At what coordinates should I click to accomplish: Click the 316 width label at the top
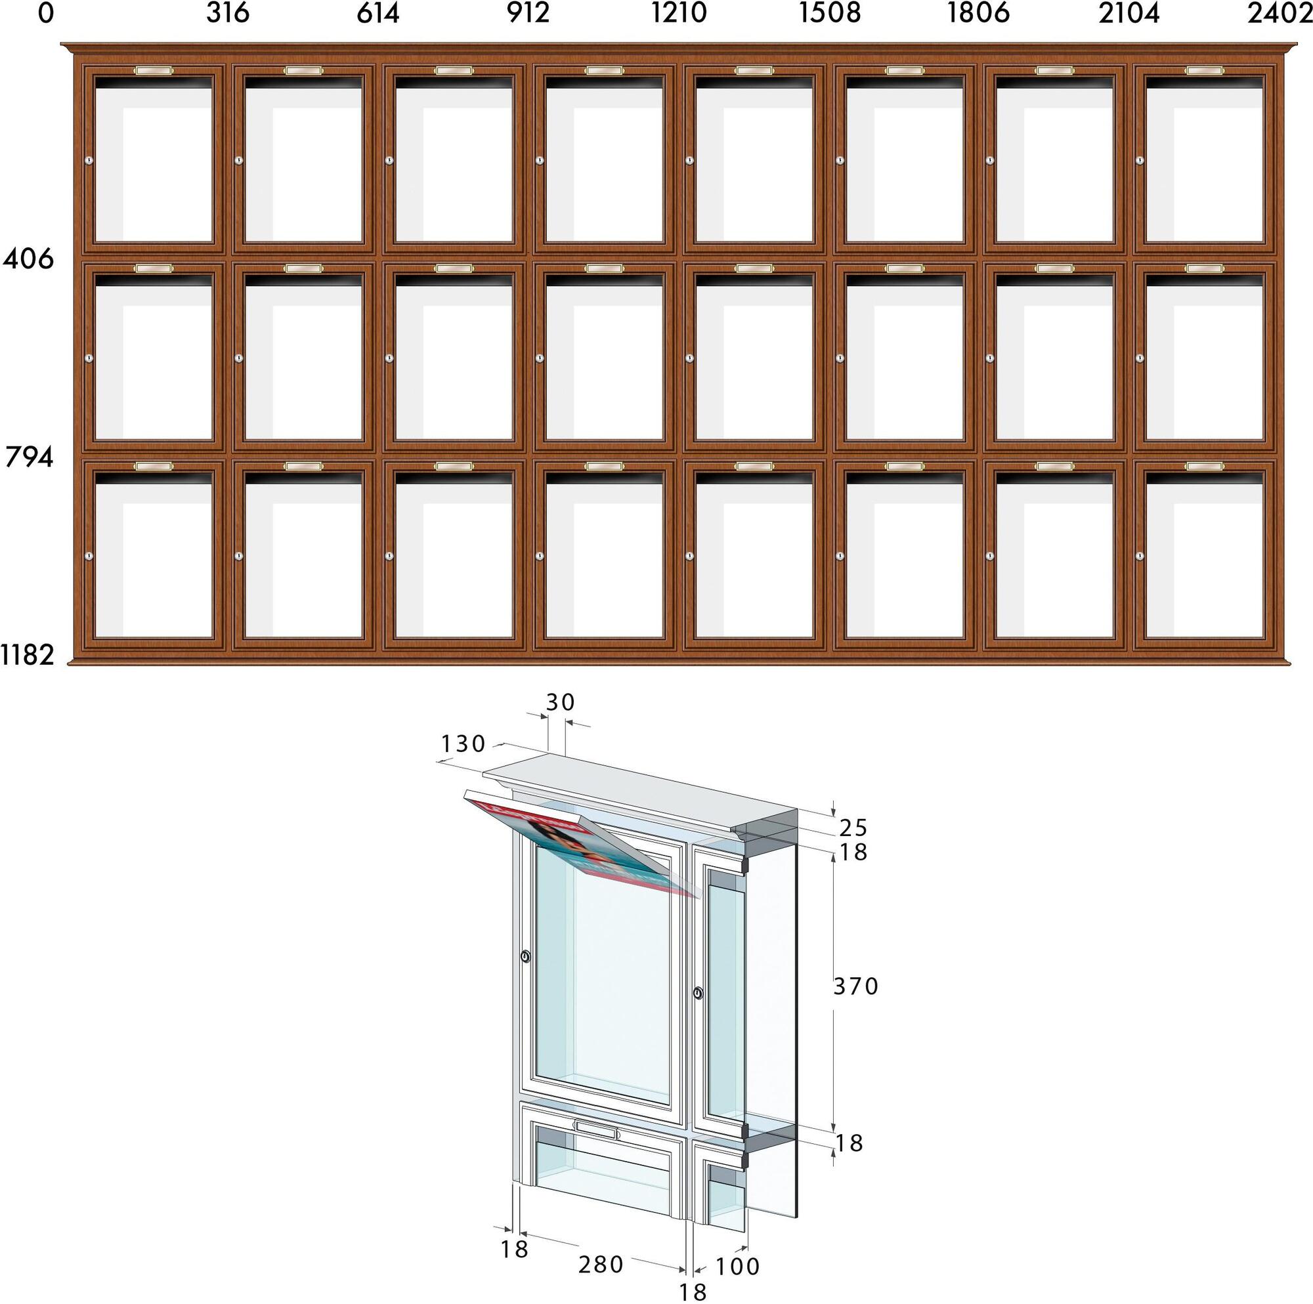coord(228,13)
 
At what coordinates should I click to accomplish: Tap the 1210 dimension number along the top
coord(679,13)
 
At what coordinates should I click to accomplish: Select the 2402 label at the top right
coord(1279,13)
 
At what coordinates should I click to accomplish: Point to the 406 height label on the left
coord(28,259)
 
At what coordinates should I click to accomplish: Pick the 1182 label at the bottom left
coord(27,655)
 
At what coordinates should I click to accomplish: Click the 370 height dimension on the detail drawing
coord(856,986)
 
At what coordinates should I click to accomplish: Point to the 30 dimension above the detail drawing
coord(561,703)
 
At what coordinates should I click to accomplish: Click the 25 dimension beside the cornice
coord(853,828)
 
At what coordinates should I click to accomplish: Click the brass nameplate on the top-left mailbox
coord(154,71)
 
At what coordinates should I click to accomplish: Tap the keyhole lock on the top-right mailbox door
coord(1140,160)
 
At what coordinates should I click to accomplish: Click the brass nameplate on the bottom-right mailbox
coord(1203,466)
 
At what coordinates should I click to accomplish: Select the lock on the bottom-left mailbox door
coord(89,556)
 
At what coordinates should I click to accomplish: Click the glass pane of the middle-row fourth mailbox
coord(604,363)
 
